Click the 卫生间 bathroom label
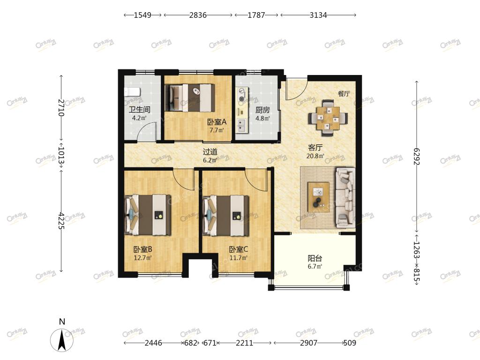(139, 109)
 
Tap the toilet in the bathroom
(132, 91)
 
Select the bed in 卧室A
(189, 97)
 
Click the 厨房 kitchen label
(262, 110)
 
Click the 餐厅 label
(344, 94)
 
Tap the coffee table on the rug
(319, 197)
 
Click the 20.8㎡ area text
(315, 156)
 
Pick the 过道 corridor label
(210, 151)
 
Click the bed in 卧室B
(148, 215)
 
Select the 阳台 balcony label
(315, 258)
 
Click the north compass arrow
(62, 340)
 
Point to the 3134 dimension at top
(318, 15)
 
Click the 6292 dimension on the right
(417, 156)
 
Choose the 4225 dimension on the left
(61, 220)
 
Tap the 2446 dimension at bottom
(153, 343)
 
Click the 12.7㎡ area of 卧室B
(142, 258)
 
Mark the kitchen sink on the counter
(242, 125)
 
